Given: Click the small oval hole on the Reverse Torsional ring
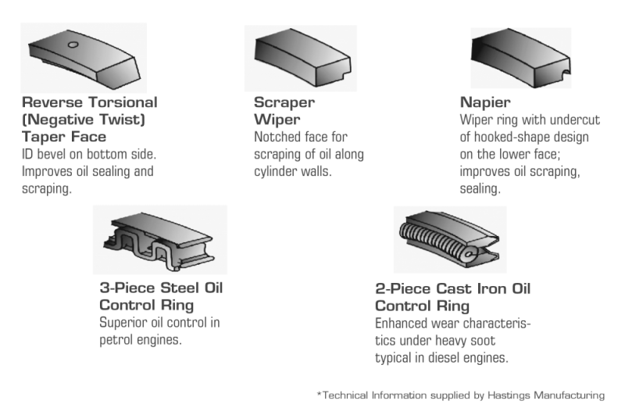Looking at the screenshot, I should (x=72, y=45).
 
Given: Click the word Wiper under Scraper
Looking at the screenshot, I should (x=273, y=119).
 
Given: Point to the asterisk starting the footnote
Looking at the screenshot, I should (x=318, y=395).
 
